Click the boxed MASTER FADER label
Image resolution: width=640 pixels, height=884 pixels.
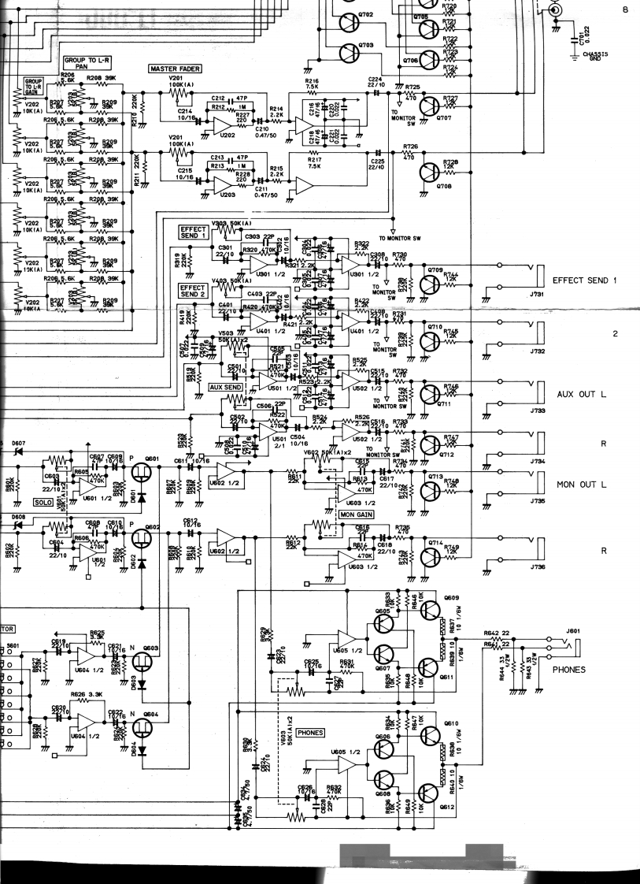pyautogui.click(x=173, y=69)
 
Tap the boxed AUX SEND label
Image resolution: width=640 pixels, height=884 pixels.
pyautogui.click(x=225, y=388)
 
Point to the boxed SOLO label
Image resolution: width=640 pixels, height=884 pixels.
pyautogui.click(x=43, y=501)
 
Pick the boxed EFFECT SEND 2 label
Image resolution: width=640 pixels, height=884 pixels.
pyautogui.click(x=193, y=292)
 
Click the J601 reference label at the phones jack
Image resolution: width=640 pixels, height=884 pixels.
pyautogui.click(x=572, y=630)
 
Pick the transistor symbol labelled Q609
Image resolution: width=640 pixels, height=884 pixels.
pyautogui.click(x=430, y=610)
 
